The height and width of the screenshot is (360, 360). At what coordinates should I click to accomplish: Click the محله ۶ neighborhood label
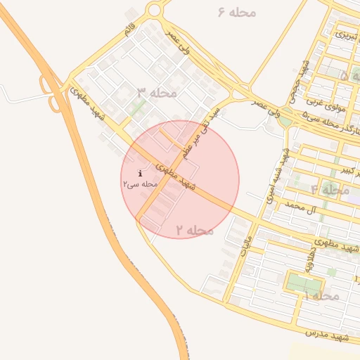pos(237,12)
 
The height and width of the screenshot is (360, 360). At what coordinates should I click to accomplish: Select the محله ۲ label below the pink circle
pos(195,230)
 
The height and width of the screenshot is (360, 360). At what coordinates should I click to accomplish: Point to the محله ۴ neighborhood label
pos(330,190)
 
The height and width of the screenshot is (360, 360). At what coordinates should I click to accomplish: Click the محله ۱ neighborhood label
pos(321,296)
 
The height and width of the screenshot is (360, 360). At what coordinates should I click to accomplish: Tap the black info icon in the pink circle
pos(141,173)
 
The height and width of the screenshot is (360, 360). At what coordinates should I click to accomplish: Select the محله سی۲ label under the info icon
pos(139,184)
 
